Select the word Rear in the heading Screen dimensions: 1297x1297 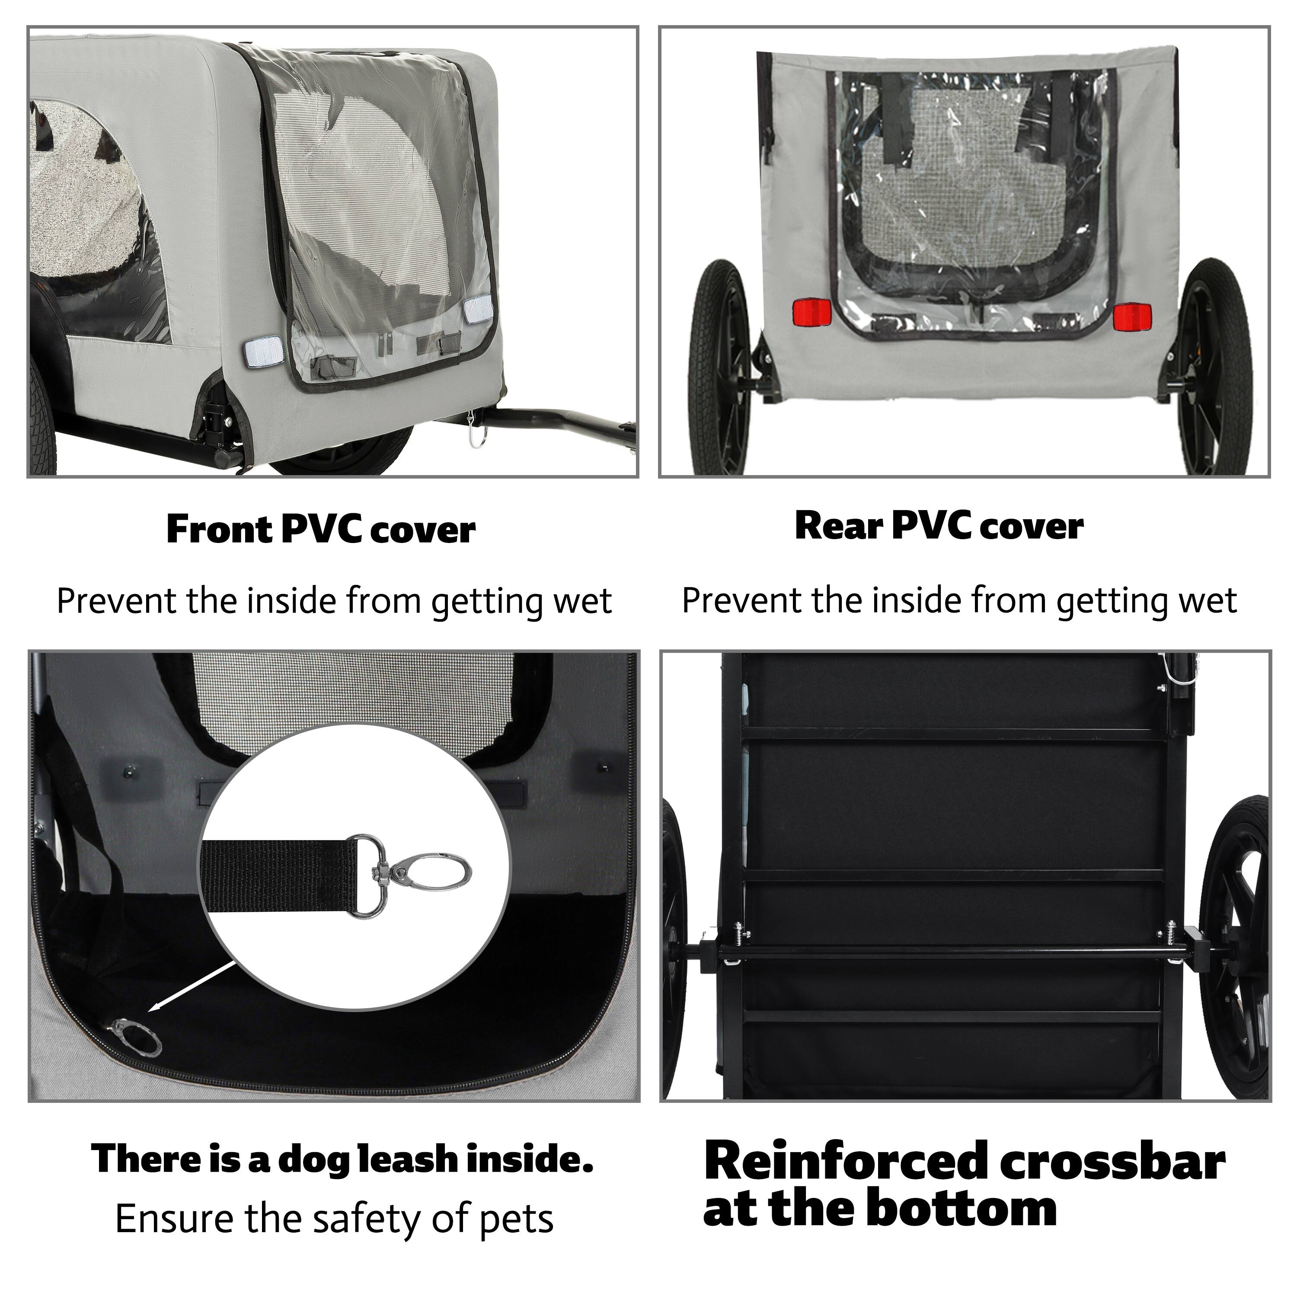pyautogui.click(x=838, y=526)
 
